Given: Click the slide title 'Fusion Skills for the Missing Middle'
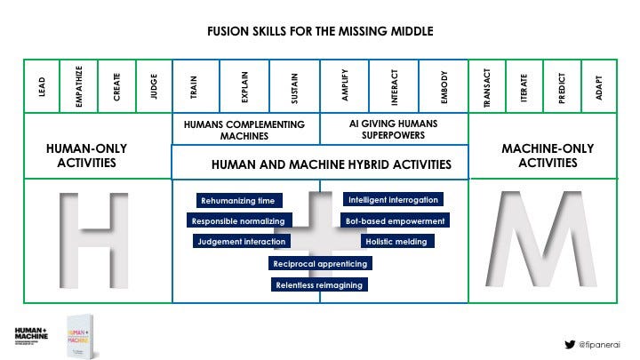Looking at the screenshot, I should pos(319,30).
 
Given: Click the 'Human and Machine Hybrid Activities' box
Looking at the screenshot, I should pos(319,164).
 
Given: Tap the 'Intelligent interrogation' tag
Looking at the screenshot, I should pos(392,200).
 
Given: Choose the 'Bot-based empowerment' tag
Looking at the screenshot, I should pos(394,220).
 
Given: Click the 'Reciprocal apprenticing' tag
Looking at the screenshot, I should pos(320,263).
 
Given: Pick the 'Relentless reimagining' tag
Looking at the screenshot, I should pos(319,284).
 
